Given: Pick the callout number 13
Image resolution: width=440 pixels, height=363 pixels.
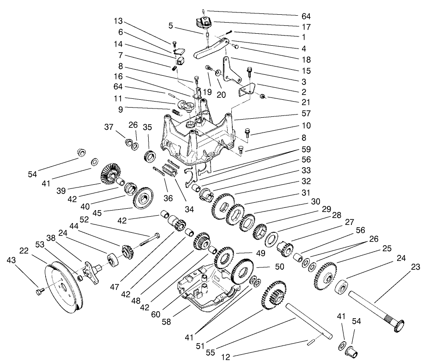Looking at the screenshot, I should (x=119, y=21).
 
